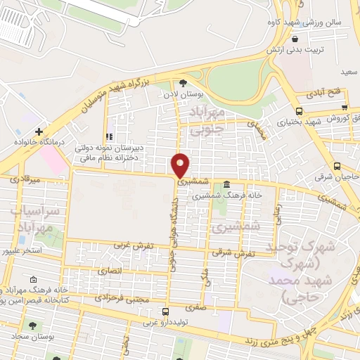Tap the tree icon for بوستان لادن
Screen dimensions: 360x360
(x=184, y=82)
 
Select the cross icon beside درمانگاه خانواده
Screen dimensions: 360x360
(x=39, y=131)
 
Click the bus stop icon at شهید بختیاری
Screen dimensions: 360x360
(x=300, y=111)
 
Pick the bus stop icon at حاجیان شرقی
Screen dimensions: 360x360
(x=337, y=167)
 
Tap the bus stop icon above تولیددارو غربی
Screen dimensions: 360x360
(x=165, y=311)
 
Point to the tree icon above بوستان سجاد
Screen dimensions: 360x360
(x=33, y=325)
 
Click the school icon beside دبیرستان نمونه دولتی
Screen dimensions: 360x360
(x=109, y=136)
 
